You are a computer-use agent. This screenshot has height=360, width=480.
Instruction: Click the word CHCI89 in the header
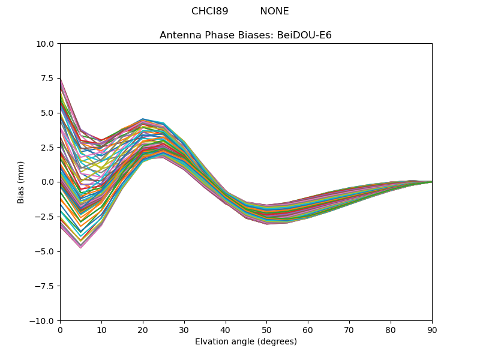(x=210, y=11)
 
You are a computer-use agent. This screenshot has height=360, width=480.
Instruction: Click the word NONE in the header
(x=274, y=11)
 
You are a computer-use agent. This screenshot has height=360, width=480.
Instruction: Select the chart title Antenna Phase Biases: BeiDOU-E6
(x=245, y=35)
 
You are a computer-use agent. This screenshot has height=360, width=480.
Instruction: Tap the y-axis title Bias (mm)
(x=21, y=182)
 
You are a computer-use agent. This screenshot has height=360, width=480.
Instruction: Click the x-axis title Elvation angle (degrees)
(x=245, y=342)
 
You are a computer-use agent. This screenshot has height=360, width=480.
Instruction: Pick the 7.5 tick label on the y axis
(x=48, y=79)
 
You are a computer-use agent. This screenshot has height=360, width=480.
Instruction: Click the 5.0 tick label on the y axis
(x=48, y=113)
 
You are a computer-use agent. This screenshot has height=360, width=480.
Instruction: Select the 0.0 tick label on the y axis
(x=48, y=182)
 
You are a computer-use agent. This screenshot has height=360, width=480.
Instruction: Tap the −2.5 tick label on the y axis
(x=46, y=217)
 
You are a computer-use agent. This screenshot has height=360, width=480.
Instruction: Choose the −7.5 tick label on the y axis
(x=46, y=286)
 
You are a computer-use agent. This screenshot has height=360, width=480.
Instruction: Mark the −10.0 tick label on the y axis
(x=44, y=320)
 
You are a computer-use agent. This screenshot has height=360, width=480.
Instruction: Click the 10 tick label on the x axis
(x=101, y=329)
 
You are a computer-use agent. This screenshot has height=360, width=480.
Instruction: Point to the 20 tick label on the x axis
(x=143, y=329)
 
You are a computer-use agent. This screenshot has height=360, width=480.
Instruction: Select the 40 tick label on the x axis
(x=226, y=329)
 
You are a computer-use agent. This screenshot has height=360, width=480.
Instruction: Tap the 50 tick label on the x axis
(x=266, y=329)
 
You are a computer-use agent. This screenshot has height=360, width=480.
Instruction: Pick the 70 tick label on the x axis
(x=349, y=329)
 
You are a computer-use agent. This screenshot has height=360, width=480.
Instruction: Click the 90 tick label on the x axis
(x=432, y=329)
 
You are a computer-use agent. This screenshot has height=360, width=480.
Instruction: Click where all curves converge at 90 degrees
(x=431, y=182)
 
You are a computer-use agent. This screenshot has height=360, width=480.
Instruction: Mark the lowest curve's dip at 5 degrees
(x=80, y=247)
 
